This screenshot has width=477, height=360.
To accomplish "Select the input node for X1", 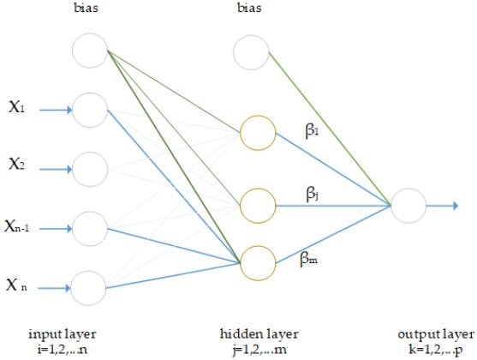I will click(91, 110).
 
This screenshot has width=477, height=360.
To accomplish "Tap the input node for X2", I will click(91, 168).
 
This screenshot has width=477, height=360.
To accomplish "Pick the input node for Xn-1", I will click(91, 227).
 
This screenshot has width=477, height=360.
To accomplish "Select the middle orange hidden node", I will click(258, 206).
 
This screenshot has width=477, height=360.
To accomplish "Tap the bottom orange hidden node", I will click(258, 262).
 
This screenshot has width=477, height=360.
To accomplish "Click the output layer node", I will click(408, 206).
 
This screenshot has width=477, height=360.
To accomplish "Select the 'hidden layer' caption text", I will click(257, 333).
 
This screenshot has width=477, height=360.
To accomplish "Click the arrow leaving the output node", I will click(444, 206).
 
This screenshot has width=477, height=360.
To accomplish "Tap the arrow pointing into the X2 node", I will click(57, 168).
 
